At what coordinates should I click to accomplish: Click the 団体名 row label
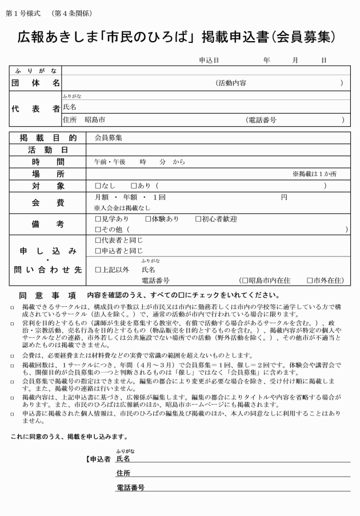click(x=36, y=83)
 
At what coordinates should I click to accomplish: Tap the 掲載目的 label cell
click(x=48, y=138)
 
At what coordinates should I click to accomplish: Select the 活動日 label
click(x=48, y=150)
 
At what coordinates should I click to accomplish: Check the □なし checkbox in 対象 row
click(x=97, y=186)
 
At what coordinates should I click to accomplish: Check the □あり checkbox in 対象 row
click(x=134, y=186)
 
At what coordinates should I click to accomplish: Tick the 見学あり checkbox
click(x=97, y=219)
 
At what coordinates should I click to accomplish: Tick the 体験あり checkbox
click(x=147, y=219)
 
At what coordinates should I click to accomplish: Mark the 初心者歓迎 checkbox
click(x=198, y=219)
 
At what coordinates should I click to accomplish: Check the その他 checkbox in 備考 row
click(x=97, y=229)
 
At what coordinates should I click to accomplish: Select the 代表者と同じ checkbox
click(x=97, y=240)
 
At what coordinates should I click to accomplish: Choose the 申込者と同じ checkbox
click(x=97, y=250)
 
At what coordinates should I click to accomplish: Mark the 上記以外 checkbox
click(x=97, y=269)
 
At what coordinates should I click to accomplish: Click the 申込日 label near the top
click(x=209, y=60)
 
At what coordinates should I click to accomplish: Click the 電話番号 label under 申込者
click(x=130, y=487)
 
